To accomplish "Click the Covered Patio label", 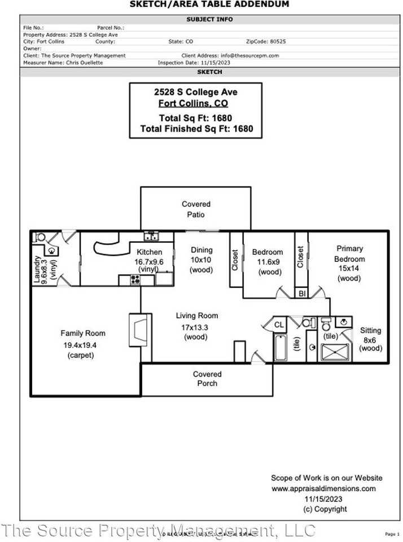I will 196,209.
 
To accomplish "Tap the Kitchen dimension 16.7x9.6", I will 148,262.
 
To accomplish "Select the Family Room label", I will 83,333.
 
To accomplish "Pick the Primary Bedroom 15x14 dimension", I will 349,269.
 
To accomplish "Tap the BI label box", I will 301,294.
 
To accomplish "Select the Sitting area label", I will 370,330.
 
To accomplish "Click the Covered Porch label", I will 207,379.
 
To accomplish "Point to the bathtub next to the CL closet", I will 281,347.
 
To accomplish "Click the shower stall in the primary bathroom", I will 335,352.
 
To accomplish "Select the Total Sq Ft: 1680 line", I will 196,118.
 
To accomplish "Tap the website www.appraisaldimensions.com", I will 323,488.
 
